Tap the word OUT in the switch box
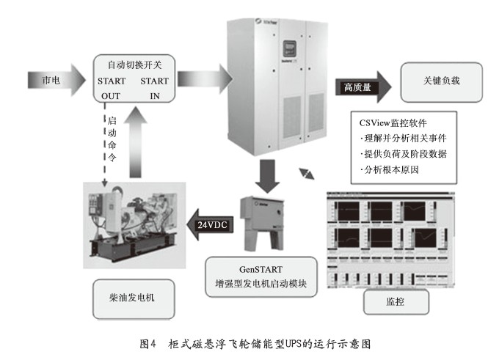coord(111,95)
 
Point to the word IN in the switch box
coord(155,95)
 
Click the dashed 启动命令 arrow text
coord(112,139)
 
